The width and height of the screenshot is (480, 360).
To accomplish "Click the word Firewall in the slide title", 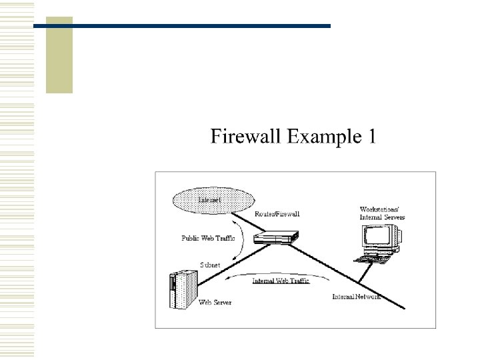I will click(x=246, y=136).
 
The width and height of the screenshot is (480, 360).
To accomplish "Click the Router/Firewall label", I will click(x=277, y=214).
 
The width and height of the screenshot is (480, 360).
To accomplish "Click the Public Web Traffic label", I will click(x=208, y=237).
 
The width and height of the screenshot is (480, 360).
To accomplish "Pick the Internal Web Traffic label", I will click(x=281, y=281).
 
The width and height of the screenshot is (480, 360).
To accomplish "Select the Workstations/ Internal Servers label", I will click(x=382, y=213).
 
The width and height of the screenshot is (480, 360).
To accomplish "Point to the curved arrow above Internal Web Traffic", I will click(x=267, y=273).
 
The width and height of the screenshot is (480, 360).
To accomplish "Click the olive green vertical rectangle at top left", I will click(x=59, y=55).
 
